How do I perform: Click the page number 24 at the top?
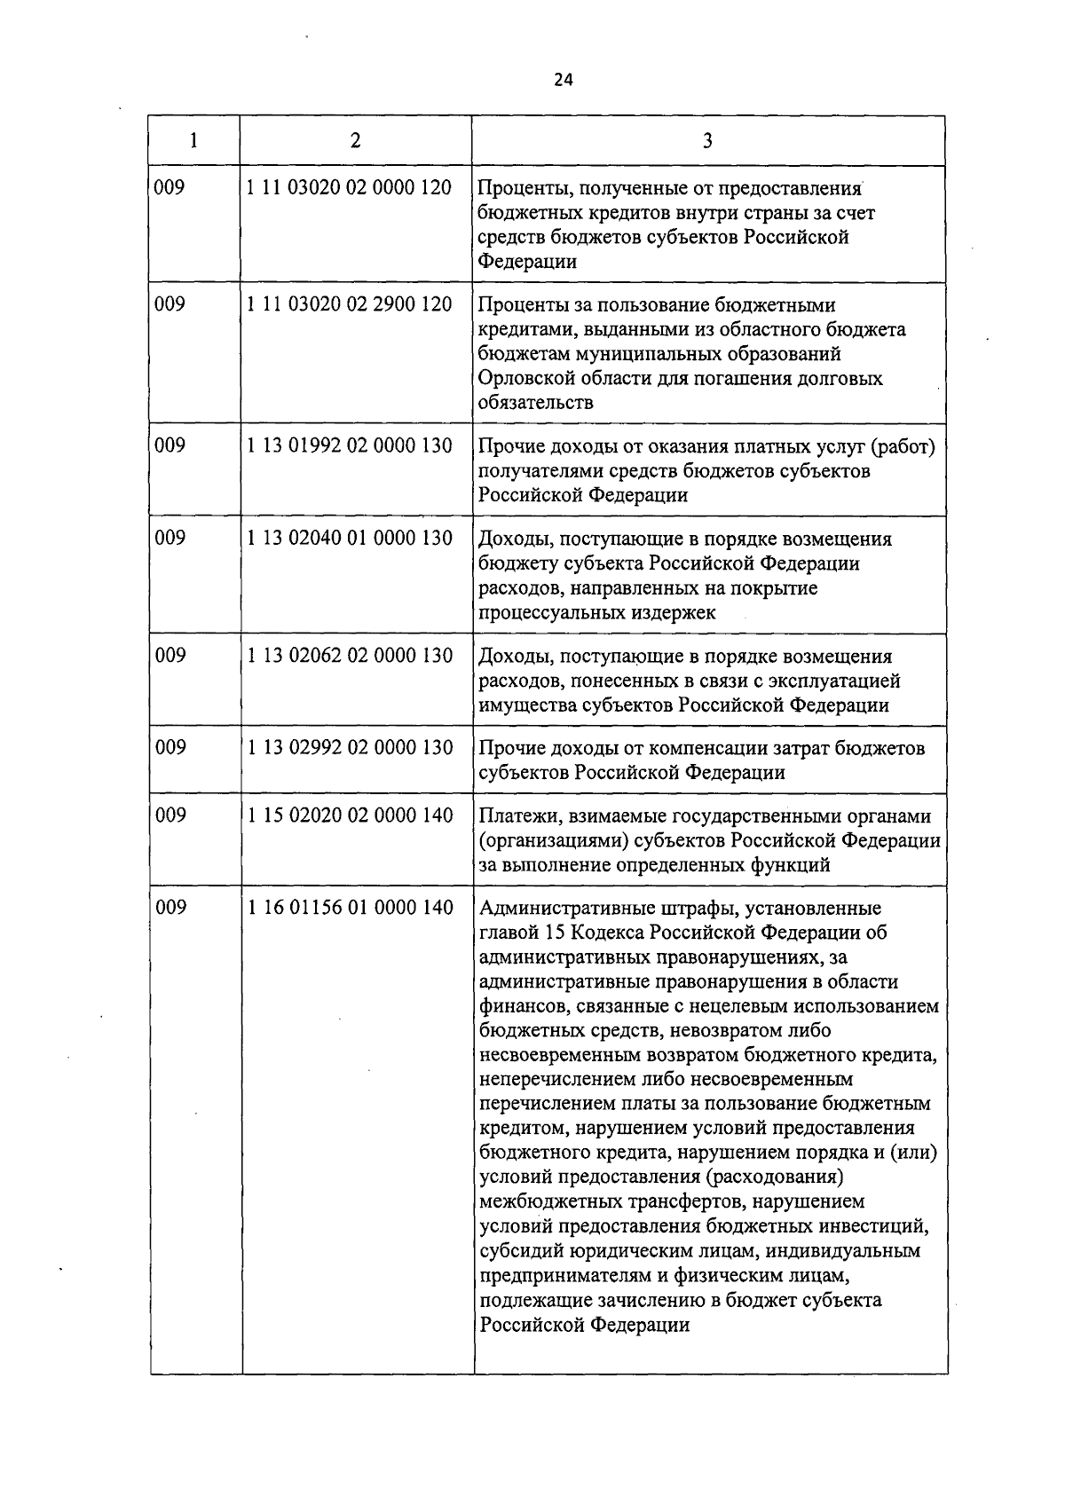[563, 80]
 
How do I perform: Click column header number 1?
[193, 140]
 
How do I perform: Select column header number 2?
[355, 140]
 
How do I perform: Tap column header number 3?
[707, 140]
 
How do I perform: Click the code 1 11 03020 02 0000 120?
[350, 188]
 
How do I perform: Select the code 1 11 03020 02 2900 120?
[350, 304]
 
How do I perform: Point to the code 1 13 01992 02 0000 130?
[350, 445]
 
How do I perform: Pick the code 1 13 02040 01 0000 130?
[350, 539]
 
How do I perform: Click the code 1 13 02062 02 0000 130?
[350, 656]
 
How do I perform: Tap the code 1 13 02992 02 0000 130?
[350, 748]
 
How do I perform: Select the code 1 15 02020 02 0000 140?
[350, 815]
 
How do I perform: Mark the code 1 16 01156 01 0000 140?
[350, 908]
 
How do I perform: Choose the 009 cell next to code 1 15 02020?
[170, 815]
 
